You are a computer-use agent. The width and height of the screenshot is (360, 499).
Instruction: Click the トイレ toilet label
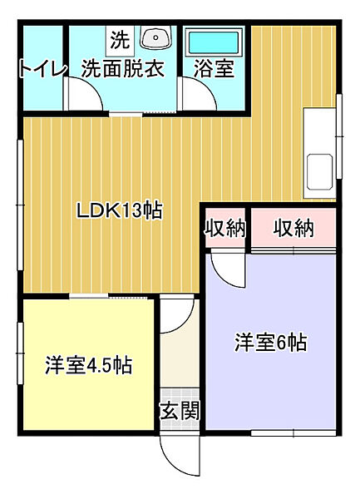tap(42, 69)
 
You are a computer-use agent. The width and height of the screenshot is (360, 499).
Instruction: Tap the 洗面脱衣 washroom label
tap(123, 68)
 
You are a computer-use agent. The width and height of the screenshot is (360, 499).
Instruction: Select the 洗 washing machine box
tap(120, 40)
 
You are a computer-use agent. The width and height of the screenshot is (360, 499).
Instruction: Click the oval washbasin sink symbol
tap(155, 37)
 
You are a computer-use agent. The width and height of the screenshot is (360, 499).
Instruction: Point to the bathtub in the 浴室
tap(214, 42)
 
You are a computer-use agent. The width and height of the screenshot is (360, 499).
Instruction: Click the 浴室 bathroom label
tap(214, 68)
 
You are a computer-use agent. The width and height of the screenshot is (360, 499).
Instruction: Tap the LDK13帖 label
tap(120, 210)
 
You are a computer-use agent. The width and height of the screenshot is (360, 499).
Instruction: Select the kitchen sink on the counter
tap(319, 170)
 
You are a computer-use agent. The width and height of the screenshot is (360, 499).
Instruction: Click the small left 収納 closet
tap(225, 228)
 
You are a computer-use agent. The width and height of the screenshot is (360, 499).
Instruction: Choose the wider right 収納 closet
tap(293, 228)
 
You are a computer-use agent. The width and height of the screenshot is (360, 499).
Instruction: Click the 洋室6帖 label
tap(271, 343)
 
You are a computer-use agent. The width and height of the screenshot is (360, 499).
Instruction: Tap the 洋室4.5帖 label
tap(88, 366)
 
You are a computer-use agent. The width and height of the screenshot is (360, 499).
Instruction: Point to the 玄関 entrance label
tap(180, 410)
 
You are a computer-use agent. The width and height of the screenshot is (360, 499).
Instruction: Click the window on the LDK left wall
tap(20, 205)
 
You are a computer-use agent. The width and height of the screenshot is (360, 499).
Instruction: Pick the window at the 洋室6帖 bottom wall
tap(293, 432)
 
